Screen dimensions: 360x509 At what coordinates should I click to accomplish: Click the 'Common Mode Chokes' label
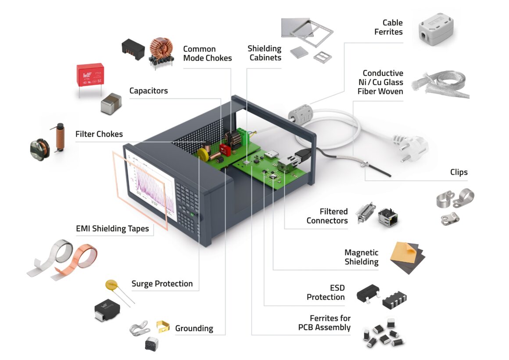point(207,53)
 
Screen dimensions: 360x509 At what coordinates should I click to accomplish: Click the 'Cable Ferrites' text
point(388,27)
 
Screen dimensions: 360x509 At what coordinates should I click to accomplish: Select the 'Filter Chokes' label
point(99,134)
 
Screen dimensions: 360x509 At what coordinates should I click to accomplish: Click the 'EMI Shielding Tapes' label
point(112,228)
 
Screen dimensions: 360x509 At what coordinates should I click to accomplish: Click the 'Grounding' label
point(194,328)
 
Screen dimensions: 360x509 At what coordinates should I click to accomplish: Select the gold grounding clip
point(162,326)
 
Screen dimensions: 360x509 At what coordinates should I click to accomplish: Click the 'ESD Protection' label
point(326,292)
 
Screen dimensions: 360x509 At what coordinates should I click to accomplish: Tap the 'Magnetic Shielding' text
point(361,257)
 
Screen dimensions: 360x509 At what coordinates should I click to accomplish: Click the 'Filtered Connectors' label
point(327,216)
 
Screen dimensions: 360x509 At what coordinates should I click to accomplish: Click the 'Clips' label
point(459,172)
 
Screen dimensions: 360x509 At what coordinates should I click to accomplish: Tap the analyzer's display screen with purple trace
point(151,184)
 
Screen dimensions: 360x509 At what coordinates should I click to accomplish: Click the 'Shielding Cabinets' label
point(264,53)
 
